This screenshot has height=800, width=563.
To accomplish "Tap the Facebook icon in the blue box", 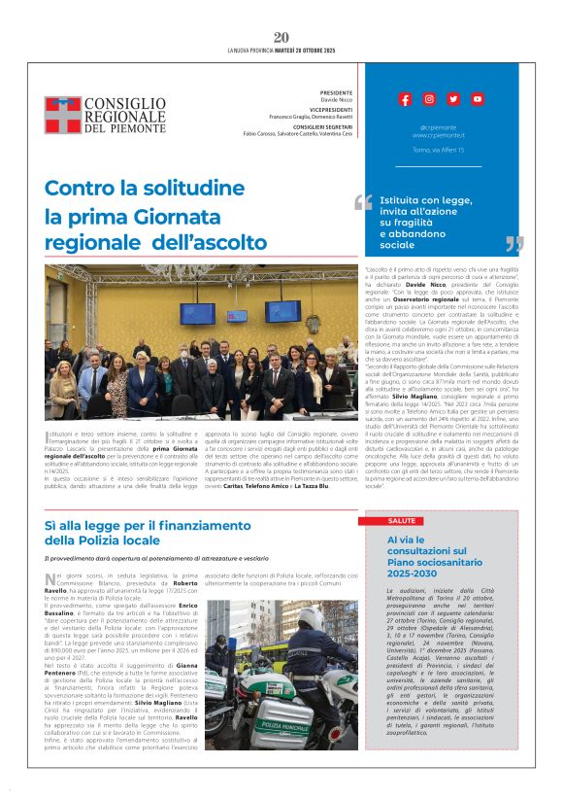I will pos(405,99).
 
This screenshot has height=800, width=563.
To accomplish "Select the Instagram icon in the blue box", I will pos(429,99).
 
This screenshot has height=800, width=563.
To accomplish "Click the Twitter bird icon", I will pos(453,99).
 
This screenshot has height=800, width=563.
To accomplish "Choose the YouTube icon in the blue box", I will pos(478,99).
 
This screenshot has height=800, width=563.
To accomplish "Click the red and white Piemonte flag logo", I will pos(62,115).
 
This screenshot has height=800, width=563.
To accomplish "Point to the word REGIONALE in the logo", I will pos(125,116).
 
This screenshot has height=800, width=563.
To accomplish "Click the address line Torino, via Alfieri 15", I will pos(439,151).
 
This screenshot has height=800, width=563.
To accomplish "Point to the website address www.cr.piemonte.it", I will pos(439,135).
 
